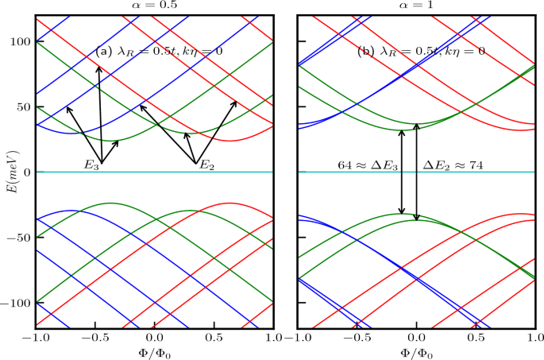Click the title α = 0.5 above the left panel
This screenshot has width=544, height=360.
pyautogui.click(x=154, y=6)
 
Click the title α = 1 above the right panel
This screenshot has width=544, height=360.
pyautogui.click(x=416, y=6)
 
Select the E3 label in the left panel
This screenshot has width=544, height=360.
pyautogui.click(x=92, y=165)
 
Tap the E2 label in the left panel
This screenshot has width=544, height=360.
pyautogui.click(x=206, y=165)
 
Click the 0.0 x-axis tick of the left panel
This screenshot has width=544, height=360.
pyautogui.click(x=154, y=338)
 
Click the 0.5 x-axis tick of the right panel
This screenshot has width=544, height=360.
pyautogui.click(x=476, y=338)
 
